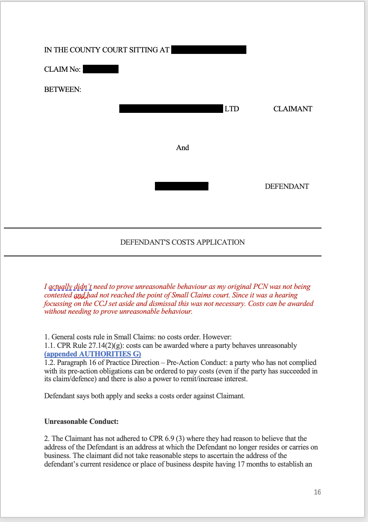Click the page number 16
tap(317, 492)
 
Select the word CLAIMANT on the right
tap(292, 109)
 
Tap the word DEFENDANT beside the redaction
tap(287, 187)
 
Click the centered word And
tap(182, 148)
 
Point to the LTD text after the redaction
tap(232, 109)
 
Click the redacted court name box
tap(208, 50)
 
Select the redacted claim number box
tap(101, 69)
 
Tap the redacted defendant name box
tap(181, 187)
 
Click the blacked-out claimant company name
tap(171, 109)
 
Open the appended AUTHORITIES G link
tap(93, 354)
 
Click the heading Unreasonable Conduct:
tap(81, 422)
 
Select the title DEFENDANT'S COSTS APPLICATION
tap(182, 242)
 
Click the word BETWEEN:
tap(63, 90)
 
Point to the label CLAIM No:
tap(62, 69)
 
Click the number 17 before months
tap(241, 464)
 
